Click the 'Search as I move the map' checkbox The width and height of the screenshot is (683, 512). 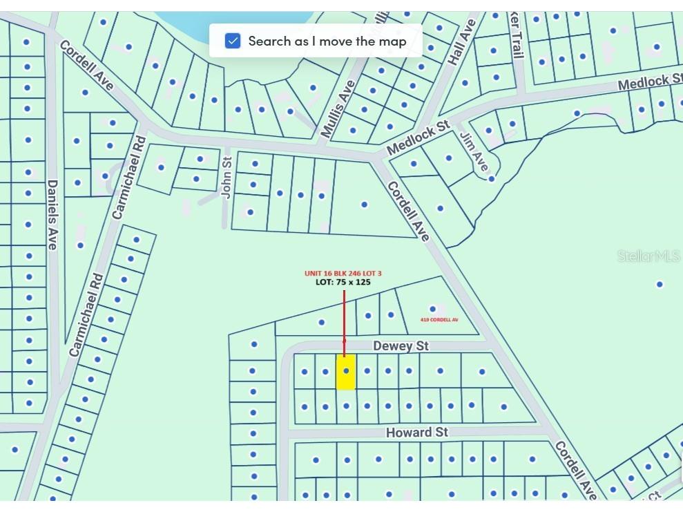pyautogui.click(x=233, y=41)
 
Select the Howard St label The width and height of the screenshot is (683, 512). pyautogui.click(x=416, y=433)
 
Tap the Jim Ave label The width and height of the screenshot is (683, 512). pyautogui.click(x=474, y=152)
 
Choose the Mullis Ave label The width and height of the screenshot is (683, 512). pyautogui.click(x=338, y=108)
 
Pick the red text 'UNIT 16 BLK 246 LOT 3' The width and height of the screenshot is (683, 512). pyautogui.click(x=343, y=274)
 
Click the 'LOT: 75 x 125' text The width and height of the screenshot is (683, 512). pyautogui.click(x=343, y=283)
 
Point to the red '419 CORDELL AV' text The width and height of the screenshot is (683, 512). pyautogui.click(x=439, y=320)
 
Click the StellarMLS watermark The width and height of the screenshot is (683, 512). pyautogui.click(x=648, y=256)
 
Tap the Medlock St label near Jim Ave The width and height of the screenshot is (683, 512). pyautogui.click(x=418, y=138)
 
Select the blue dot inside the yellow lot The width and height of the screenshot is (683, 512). pyautogui.click(x=346, y=371)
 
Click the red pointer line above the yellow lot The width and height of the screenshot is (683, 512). pyautogui.click(x=344, y=314)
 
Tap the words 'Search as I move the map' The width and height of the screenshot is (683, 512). pyautogui.click(x=327, y=41)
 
